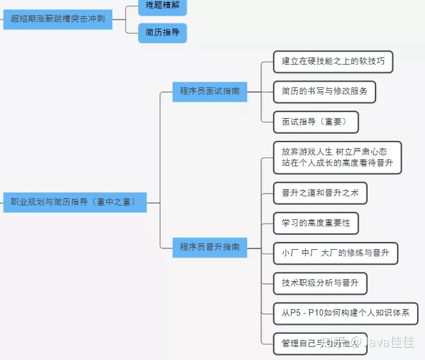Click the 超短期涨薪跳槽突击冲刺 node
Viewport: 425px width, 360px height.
click(x=58, y=20)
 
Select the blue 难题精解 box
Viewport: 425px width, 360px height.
click(x=162, y=6)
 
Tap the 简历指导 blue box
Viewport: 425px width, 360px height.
click(x=162, y=33)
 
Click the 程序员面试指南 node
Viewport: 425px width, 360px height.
click(x=209, y=91)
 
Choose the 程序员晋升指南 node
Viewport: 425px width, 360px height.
click(x=209, y=247)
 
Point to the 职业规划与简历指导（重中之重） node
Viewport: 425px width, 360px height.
click(x=74, y=202)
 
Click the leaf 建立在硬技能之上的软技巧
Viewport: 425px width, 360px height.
click(x=333, y=62)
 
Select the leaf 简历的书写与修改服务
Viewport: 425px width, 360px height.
click(x=325, y=91)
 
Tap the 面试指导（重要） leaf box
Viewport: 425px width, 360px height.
click(x=315, y=121)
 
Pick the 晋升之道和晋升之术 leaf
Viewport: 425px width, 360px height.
click(x=320, y=193)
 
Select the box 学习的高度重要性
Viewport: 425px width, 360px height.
click(x=315, y=223)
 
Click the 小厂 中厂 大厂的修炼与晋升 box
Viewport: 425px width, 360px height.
click(x=335, y=253)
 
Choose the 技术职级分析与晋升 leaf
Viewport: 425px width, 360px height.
click(x=320, y=283)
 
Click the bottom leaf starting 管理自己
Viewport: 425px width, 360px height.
click(x=319, y=342)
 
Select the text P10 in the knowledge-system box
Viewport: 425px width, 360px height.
click(x=317, y=313)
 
